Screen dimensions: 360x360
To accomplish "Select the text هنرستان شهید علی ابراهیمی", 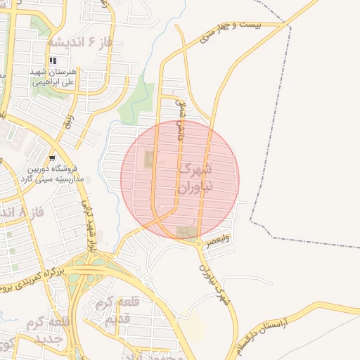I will click(57, 77).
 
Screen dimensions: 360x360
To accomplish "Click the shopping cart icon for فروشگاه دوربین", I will click(53, 158).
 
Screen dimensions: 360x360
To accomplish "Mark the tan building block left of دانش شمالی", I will click(148, 159).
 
